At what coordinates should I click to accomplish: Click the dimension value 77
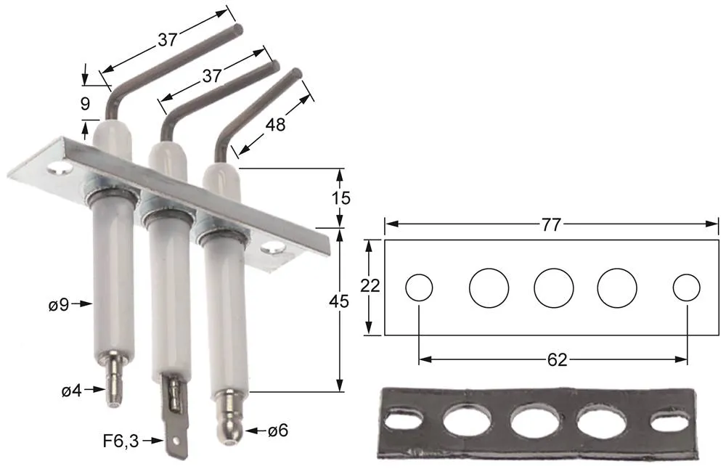[551, 224]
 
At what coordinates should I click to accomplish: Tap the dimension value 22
[370, 286]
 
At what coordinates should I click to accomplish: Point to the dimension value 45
[338, 301]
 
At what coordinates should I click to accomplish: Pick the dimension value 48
[275, 125]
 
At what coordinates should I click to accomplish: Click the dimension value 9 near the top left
[86, 103]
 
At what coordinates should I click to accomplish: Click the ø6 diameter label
[277, 431]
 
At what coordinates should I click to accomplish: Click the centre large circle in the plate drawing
[554, 287]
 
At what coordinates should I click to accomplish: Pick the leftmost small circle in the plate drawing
[419, 287]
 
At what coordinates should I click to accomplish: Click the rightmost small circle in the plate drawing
[686, 287]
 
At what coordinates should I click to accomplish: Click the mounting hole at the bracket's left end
[61, 171]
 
